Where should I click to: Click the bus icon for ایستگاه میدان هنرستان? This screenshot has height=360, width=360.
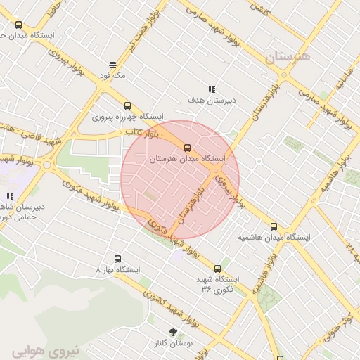(x=187, y=148)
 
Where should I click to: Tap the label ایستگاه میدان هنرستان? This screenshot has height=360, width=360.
(x=188, y=160)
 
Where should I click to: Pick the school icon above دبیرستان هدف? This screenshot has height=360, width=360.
(x=210, y=89)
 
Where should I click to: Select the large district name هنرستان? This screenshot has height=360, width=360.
(x=288, y=58)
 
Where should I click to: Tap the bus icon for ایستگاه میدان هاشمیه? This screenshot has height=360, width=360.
(x=274, y=227)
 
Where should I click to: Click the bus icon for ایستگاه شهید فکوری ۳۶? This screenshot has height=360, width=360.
(x=217, y=268)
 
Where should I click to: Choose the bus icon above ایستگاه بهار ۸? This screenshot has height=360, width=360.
(x=118, y=258)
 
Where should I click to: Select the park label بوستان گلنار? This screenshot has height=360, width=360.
(x=173, y=343)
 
